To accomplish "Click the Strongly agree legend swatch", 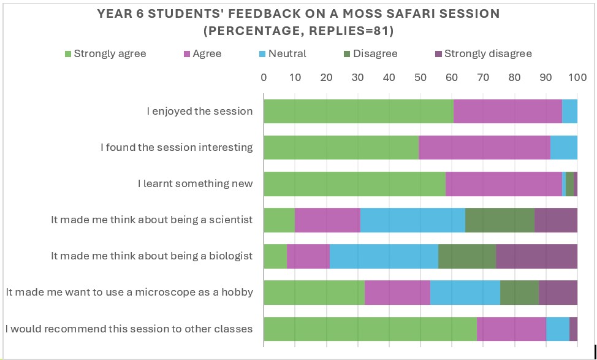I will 69,54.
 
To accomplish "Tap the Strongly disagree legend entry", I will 488,54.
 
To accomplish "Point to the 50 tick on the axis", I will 420,77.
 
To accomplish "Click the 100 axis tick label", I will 577,77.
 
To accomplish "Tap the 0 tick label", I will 264,77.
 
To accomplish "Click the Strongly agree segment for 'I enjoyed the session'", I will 359,111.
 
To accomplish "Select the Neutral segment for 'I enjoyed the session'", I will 569,111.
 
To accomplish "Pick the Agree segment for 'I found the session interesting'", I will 484,147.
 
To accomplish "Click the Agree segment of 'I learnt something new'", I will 504,183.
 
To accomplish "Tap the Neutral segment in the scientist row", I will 413,220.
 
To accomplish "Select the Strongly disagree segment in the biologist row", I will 536,256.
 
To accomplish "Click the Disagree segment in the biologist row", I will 467,256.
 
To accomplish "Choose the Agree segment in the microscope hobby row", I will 397,292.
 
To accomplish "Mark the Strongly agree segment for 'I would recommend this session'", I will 370,328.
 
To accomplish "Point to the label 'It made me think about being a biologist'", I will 152,256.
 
